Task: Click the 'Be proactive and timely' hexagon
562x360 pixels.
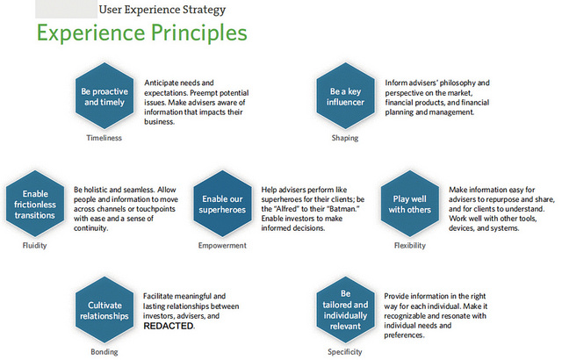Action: click(104, 96)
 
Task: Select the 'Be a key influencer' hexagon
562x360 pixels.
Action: click(345, 96)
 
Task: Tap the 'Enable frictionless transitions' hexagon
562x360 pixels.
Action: click(35, 204)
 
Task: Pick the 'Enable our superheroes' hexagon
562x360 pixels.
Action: click(222, 204)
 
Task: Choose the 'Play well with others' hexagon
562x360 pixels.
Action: click(410, 204)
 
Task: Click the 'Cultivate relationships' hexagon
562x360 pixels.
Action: click(104, 310)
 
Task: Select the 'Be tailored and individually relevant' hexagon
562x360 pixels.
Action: click(345, 310)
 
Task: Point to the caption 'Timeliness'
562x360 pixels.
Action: click(104, 138)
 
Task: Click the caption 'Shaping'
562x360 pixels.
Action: click(345, 138)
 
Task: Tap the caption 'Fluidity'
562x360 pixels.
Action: click(34, 245)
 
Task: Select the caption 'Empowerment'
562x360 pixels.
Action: click(222, 245)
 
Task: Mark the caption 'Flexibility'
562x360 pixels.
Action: click(410, 245)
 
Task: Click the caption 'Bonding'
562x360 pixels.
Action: click(104, 352)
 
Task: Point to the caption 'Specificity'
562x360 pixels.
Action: click(345, 352)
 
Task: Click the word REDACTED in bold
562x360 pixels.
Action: click(169, 326)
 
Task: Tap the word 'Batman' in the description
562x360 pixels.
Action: click(345, 209)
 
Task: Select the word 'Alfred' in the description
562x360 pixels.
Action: click(287, 209)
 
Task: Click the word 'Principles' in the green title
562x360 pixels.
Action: click(199, 33)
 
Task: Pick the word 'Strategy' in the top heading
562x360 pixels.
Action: click(204, 10)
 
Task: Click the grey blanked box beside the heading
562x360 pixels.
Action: click(66, 9)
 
